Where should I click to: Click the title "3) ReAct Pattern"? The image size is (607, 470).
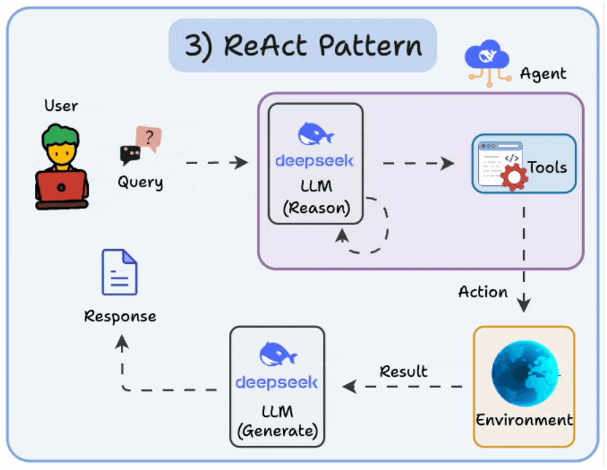click(x=303, y=46)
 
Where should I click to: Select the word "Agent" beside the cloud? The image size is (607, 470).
click(x=542, y=73)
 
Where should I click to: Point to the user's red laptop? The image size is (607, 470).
click(x=62, y=188)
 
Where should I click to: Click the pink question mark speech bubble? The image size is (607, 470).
click(x=149, y=138)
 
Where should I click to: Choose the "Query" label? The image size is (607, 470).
click(x=140, y=182)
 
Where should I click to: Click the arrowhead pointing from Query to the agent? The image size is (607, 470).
click(x=240, y=162)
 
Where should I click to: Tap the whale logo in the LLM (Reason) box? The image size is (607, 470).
click(x=315, y=134)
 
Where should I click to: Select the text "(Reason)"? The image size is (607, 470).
click(x=317, y=208)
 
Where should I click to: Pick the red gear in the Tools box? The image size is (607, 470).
click(x=514, y=177)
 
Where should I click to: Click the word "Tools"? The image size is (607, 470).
click(x=547, y=167)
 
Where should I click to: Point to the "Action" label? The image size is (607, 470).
click(x=483, y=292)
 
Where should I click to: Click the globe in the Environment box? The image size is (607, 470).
click(x=525, y=373)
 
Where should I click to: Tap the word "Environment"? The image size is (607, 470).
click(x=524, y=420)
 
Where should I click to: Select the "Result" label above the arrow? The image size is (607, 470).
click(x=403, y=371)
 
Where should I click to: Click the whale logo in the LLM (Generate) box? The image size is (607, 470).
click(x=278, y=354)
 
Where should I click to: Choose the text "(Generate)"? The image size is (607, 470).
click(x=278, y=430)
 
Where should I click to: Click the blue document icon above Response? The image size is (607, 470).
click(x=119, y=272)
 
